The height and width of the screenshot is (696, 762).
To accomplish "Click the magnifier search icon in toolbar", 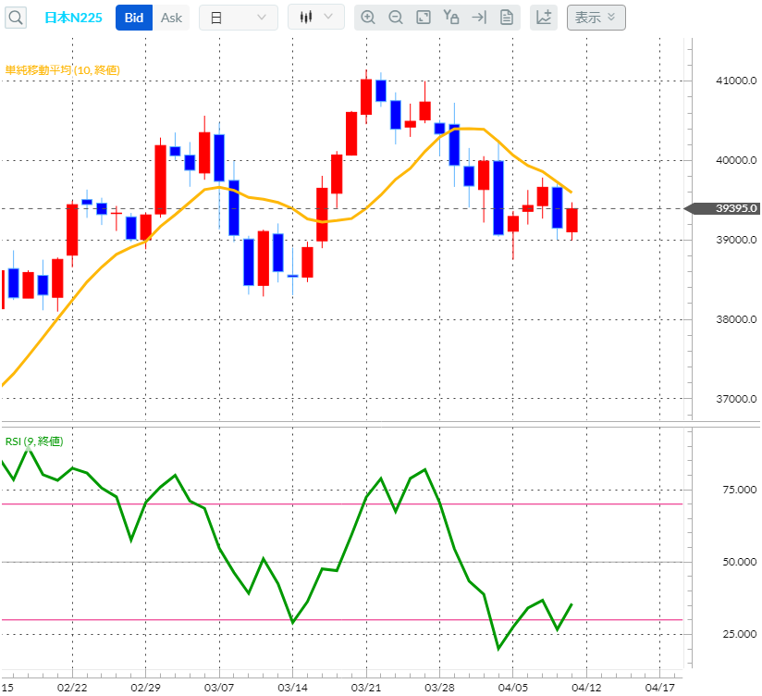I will point(18,18).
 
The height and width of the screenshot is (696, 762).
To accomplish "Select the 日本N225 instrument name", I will point(73,18).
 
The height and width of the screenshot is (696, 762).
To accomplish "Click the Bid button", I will point(133,18).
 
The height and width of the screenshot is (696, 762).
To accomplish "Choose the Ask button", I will point(171,18).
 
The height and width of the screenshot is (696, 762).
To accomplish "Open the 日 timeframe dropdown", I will point(238,18).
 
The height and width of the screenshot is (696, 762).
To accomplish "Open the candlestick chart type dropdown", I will point(316,18).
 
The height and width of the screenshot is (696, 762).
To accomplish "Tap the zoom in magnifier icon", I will point(368,18).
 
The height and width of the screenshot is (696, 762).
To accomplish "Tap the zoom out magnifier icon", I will point(396,18).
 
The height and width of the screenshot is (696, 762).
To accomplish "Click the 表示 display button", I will point(596,18).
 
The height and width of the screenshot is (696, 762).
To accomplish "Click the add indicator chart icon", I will point(544,18).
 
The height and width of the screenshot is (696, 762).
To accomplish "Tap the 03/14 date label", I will point(292,687).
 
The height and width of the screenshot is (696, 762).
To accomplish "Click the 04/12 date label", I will point(586,687).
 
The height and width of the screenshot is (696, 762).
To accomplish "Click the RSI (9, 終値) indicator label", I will point(34,441).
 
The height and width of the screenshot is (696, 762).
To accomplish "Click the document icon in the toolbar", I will point(506,18).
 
